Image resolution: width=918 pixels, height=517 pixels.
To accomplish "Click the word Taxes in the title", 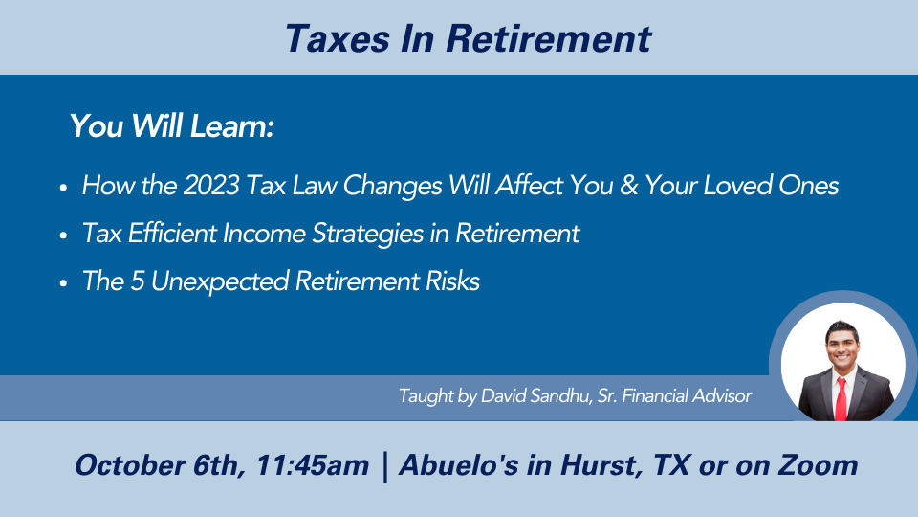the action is click(338, 39).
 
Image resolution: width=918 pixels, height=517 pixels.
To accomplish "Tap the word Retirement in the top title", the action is click(548, 39).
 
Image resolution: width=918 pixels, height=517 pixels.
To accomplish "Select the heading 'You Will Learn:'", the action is click(172, 126).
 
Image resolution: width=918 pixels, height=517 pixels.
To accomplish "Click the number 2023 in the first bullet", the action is click(211, 185).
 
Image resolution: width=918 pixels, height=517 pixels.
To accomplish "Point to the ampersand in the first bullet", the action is click(628, 185).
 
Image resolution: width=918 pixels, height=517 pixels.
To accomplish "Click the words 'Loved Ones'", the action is click(771, 185).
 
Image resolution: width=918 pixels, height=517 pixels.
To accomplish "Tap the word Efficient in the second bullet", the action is click(173, 234).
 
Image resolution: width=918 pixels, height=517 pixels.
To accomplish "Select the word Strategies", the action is click(367, 235).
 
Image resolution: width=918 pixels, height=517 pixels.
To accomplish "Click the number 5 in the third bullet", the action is click(137, 281).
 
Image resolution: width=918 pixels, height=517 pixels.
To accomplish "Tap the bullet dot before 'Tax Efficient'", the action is click(63, 236).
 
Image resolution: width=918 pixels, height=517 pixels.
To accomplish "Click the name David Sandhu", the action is click(535, 396).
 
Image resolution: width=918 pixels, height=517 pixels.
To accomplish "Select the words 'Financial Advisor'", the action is click(687, 396).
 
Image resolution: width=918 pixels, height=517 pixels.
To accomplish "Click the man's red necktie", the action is click(841, 399).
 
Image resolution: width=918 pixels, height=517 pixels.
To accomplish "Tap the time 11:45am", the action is click(313, 465).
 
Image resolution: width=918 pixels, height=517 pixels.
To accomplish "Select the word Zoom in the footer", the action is click(818, 465).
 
